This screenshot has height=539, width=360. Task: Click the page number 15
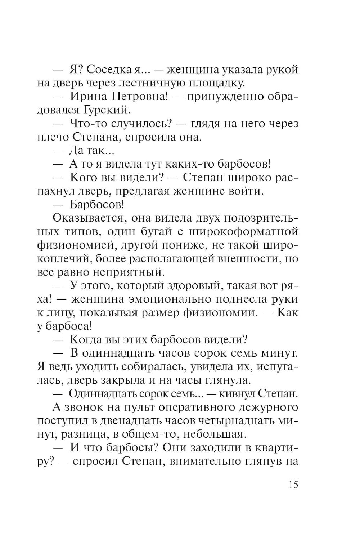[x=293, y=485]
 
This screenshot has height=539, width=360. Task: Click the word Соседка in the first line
[x=111, y=69]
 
